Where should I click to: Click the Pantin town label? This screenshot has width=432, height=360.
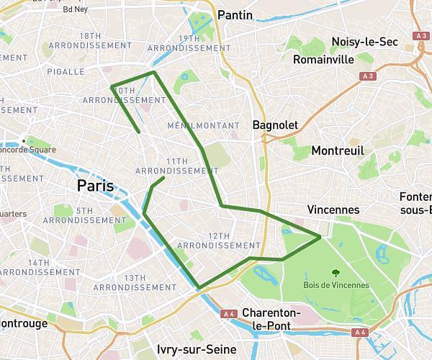click(x=235, y=15)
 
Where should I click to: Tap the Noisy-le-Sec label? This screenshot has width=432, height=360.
click(x=364, y=42)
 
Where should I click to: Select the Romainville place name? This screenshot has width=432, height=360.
click(x=324, y=60)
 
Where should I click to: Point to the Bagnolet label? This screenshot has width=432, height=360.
click(x=275, y=125)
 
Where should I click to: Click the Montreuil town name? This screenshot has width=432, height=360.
click(x=337, y=150)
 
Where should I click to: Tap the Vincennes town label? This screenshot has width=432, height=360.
click(x=333, y=210)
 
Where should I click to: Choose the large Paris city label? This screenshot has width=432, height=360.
click(x=96, y=186)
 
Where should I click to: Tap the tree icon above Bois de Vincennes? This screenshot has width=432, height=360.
click(x=336, y=272)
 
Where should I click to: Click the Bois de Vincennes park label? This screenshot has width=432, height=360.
click(x=336, y=285)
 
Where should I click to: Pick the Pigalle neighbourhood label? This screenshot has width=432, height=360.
click(x=66, y=72)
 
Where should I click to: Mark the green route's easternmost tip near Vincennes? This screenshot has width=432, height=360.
click(x=320, y=235)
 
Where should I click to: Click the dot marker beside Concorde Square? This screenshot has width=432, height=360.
click(x=24, y=140)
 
